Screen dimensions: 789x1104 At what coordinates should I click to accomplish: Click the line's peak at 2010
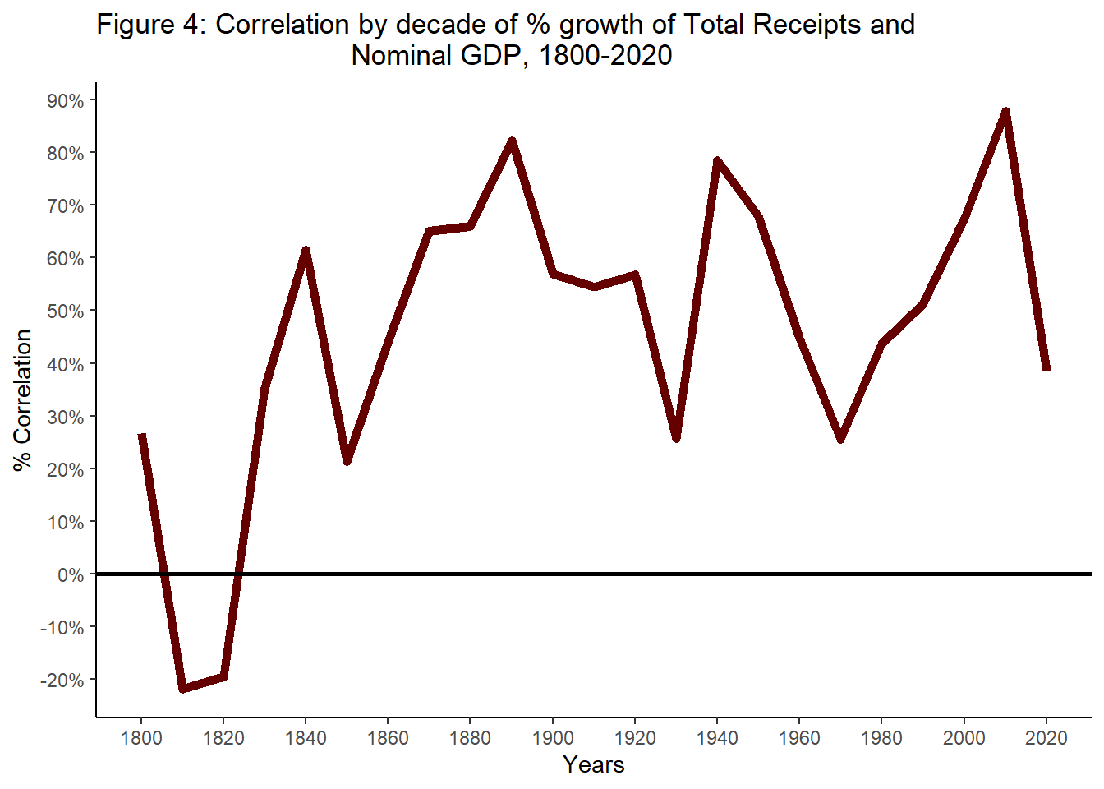tap(1005, 112)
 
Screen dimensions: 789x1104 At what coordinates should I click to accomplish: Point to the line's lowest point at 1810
tap(182, 688)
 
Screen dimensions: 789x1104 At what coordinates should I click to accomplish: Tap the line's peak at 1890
tap(512, 141)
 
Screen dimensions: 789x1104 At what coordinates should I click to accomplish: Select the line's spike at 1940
tap(717, 161)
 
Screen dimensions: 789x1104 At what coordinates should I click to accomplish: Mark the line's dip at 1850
tap(347, 461)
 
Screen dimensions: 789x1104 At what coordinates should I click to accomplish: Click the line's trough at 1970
tap(840, 439)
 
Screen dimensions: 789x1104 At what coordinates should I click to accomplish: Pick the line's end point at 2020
tap(1046, 369)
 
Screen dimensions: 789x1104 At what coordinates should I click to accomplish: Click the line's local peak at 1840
tap(306, 250)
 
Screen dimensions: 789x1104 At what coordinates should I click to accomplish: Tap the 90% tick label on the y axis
tap(65, 101)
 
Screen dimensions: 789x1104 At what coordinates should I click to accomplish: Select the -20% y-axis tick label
tap(62, 681)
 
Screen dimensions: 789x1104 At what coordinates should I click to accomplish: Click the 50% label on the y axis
tap(65, 311)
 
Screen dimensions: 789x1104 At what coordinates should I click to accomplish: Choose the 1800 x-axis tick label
tap(141, 738)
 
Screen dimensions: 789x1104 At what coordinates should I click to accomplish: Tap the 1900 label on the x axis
tap(553, 738)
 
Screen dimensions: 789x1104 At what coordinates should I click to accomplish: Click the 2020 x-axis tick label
tap(1046, 738)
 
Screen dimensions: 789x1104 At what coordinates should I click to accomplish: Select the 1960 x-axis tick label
tap(799, 738)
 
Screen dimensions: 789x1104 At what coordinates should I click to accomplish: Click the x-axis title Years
tap(593, 765)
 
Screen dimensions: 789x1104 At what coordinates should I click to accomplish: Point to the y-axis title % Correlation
tap(22, 400)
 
